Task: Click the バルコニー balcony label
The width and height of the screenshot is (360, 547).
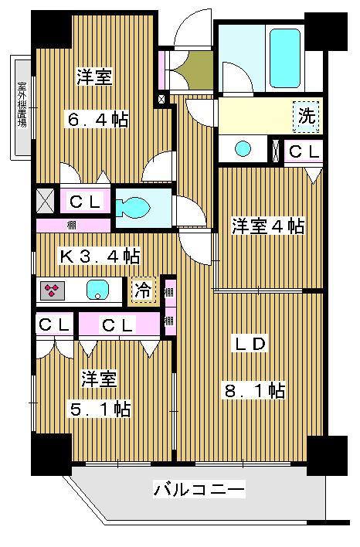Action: [199, 489]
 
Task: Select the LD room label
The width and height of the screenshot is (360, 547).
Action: [252, 344]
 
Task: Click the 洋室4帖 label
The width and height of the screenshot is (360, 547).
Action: [268, 226]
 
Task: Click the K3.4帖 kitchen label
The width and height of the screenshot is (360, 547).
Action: [100, 255]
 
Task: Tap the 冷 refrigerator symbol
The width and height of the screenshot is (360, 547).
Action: [142, 290]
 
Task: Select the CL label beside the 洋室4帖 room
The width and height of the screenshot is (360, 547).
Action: [304, 151]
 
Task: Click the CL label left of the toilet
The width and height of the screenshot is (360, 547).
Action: [84, 202]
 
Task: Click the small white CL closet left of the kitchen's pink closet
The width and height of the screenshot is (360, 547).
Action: [54, 324]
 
